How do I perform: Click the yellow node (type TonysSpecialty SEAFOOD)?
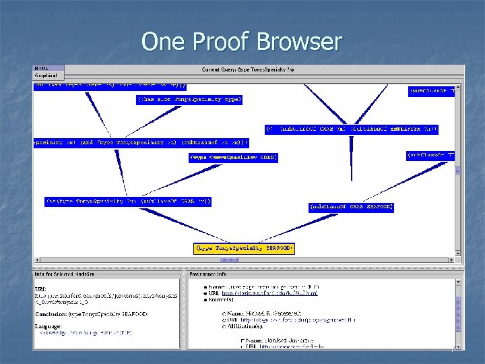click(x=244, y=249)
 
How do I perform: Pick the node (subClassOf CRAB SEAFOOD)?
click(x=352, y=206)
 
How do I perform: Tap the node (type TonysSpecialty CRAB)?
click(x=233, y=158)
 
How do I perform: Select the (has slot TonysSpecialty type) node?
click(x=189, y=99)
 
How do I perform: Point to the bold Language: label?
click(x=48, y=325)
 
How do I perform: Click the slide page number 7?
click(x=452, y=351)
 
